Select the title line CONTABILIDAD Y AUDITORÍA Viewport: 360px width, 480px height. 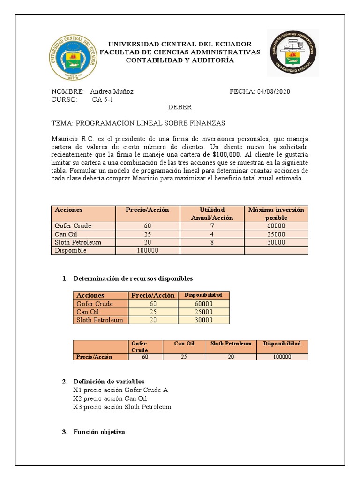(180, 60)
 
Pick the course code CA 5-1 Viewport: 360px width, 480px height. (103, 100)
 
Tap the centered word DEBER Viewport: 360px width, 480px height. (180, 107)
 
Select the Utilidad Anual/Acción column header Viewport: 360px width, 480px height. (212, 213)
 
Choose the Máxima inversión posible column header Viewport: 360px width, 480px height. (276, 213)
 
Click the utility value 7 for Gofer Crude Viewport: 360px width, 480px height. (212, 226)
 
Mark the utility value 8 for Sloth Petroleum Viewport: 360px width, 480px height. (212, 242)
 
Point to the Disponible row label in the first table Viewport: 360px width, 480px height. (71, 250)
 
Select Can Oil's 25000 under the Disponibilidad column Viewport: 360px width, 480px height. (204, 312)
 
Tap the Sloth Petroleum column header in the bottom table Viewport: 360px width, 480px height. (231, 344)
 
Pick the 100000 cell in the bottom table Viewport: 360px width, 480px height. (282, 357)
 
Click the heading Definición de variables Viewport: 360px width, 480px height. (109, 381)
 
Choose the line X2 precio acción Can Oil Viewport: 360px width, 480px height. (110, 398)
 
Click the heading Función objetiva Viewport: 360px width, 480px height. (99, 432)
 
